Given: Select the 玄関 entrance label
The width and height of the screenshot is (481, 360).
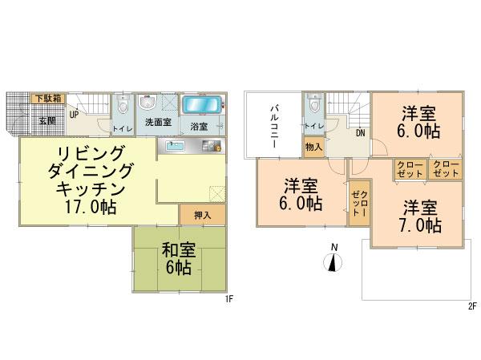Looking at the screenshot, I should (x=47, y=121).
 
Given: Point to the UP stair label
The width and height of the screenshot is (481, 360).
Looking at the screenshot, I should (x=73, y=114).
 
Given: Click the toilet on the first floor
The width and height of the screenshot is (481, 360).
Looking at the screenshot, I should (x=119, y=107).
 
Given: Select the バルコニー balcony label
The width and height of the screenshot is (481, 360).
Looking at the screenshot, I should (x=274, y=125).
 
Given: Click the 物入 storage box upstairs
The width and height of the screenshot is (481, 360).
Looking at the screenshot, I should (x=313, y=148).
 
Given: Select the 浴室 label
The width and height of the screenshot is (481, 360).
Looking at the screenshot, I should (x=199, y=127).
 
